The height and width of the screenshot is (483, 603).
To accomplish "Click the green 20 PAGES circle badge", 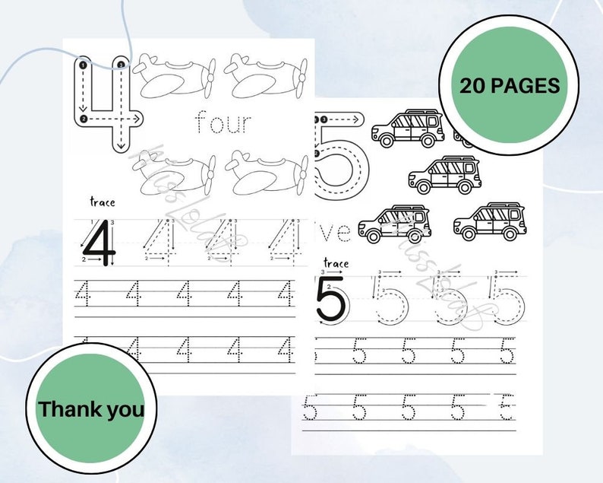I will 510,84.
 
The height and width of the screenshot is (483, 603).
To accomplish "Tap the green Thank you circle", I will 91,409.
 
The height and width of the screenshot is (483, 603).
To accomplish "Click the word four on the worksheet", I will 223,122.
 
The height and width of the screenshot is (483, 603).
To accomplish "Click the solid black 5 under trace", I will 330,300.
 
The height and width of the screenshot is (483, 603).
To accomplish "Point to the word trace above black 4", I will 102,202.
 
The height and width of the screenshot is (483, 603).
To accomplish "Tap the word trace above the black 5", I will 335,263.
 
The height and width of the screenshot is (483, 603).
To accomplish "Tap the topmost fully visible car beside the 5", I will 407,127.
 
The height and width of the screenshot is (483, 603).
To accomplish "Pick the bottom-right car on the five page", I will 489,221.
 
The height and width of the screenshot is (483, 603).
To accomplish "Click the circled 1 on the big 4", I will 81,66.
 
